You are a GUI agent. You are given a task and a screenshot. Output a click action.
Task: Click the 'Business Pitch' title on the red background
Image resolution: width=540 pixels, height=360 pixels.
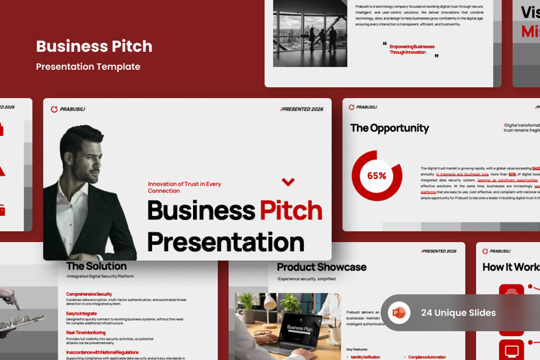94,47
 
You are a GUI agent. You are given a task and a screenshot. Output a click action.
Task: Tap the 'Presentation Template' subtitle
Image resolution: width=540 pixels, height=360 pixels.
88,67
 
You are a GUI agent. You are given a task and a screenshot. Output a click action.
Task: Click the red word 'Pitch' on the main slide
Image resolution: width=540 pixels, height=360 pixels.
291,210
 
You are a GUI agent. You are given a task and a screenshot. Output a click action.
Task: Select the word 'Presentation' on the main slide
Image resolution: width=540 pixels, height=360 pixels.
225,241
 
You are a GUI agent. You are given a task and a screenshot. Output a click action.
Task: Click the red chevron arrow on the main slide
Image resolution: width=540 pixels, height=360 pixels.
288,182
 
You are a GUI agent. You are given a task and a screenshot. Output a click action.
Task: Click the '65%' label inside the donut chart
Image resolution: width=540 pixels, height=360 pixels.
377,176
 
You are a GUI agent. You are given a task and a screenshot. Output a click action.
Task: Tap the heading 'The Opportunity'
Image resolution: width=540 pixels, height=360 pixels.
389,128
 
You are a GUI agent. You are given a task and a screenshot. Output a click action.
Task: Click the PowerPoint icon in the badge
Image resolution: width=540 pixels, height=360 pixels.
399,312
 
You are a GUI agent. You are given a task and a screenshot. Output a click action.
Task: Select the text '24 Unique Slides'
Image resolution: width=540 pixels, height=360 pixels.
458,312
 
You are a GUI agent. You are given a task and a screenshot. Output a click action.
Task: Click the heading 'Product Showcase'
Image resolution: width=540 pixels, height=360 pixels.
321,267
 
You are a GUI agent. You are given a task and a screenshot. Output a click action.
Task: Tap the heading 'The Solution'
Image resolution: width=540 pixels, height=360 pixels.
96,266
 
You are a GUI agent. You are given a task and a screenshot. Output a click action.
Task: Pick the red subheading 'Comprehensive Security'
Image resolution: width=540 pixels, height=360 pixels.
89,294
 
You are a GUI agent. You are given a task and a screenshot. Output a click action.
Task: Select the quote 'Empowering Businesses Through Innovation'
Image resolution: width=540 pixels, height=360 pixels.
412,49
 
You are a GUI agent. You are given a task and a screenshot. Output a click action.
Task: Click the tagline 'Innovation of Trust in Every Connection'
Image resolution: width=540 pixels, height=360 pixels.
184,187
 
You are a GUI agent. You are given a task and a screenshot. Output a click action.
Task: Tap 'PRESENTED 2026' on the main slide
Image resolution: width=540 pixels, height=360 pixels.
302,109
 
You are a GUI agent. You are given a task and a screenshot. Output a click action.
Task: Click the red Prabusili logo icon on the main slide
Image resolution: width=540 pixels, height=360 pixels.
54,109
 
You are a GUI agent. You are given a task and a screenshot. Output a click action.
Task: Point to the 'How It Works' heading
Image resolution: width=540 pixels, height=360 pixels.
510,267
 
